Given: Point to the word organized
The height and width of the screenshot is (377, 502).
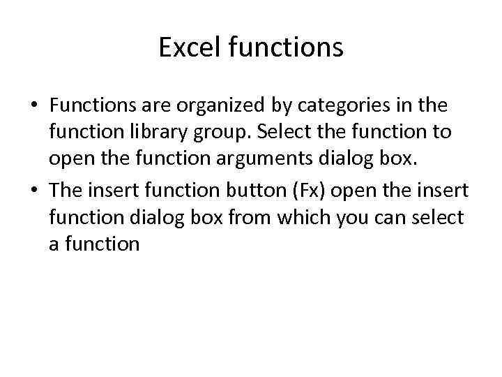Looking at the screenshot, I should click(x=209, y=107).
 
